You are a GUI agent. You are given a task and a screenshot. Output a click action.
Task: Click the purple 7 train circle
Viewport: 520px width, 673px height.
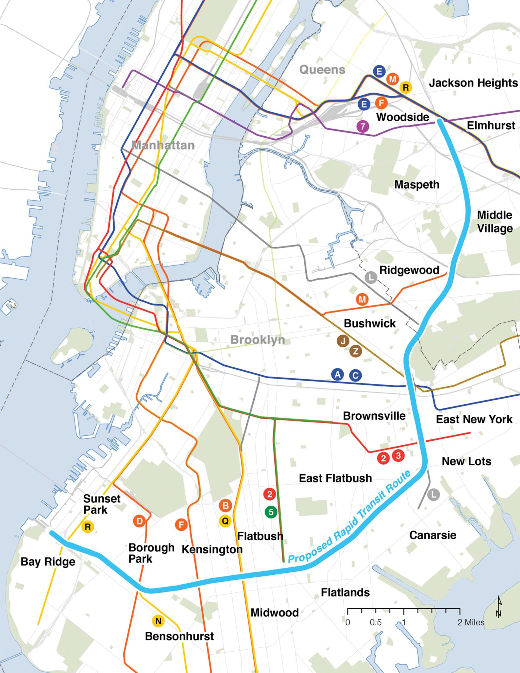point(363,126)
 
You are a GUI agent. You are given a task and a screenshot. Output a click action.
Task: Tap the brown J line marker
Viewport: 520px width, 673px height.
point(343,341)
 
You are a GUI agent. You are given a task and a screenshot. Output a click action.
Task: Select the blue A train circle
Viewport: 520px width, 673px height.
point(337,374)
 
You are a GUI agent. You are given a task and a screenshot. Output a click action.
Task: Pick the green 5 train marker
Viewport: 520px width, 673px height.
point(271,512)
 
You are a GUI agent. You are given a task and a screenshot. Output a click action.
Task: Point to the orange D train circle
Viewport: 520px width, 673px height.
point(139,521)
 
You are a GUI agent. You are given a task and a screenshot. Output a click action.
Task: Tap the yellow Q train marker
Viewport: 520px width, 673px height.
point(225,521)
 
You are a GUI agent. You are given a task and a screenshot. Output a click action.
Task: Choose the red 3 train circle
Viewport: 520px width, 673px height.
point(398,456)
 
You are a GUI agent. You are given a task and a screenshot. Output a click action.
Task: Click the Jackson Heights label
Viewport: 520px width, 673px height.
point(473,83)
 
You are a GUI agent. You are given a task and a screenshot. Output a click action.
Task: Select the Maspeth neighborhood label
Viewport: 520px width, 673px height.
point(417,185)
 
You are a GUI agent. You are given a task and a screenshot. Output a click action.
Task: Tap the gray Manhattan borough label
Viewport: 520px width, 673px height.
point(163,145)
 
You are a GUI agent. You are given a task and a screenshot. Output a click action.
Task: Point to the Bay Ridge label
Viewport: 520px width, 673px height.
point(48,562)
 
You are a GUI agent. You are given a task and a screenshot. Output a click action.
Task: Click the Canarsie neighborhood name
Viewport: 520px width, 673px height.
point(433,535)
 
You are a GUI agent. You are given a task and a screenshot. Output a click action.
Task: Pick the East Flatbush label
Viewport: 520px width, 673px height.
point(335,478)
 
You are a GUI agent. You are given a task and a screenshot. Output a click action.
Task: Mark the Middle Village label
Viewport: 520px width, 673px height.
point(495,221)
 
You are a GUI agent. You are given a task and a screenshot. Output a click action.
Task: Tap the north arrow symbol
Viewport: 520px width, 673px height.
point(499,607)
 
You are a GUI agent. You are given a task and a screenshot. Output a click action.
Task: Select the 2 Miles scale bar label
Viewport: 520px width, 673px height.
point(471,622)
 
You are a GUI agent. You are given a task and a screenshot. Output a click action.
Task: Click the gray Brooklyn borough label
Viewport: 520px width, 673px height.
point(258,339)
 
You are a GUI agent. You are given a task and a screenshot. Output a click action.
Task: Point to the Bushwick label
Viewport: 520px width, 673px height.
point(370,323)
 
